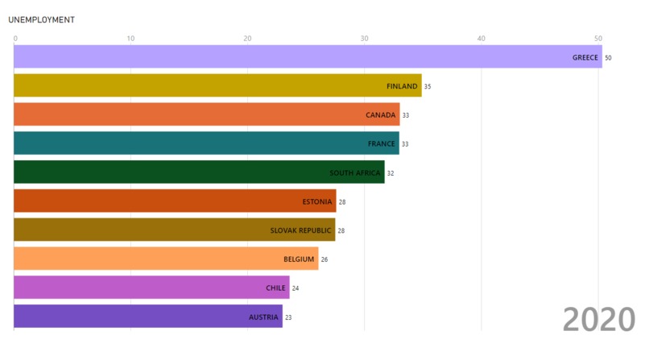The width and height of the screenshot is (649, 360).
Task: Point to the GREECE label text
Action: coord(585,57)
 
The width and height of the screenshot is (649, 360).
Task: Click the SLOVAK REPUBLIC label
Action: coord(300,230)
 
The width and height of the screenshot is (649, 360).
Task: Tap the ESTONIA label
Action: coord(316,201)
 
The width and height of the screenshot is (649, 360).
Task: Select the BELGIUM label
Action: coord(299,259)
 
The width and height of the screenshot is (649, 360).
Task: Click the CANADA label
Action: coord(381,115)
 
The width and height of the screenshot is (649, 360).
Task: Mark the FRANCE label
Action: coord(382,144)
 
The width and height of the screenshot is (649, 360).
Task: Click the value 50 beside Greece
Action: coord(609,58)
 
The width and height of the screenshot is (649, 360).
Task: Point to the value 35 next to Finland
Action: coord(428,87)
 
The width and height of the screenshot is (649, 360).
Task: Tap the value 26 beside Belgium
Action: coord(324,259)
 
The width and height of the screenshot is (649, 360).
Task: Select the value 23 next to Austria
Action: coord(288,317)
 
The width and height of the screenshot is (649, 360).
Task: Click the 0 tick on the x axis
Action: coord(14,38)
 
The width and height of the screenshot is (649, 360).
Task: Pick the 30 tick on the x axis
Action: coord(365,38)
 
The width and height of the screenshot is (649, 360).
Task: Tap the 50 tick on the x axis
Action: coord(598,38)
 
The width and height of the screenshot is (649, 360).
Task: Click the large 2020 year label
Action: coord(599,320)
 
